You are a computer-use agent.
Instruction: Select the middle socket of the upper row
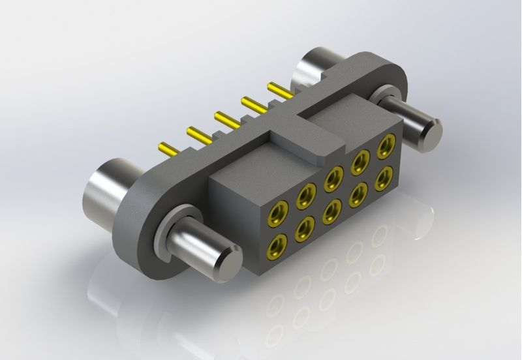pyautogui.click(x=335, y=176)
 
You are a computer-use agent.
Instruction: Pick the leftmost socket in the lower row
pyautogui.click(x=277, y=246)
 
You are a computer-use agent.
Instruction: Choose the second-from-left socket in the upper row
pyautogui.click(x=305, y=195)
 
